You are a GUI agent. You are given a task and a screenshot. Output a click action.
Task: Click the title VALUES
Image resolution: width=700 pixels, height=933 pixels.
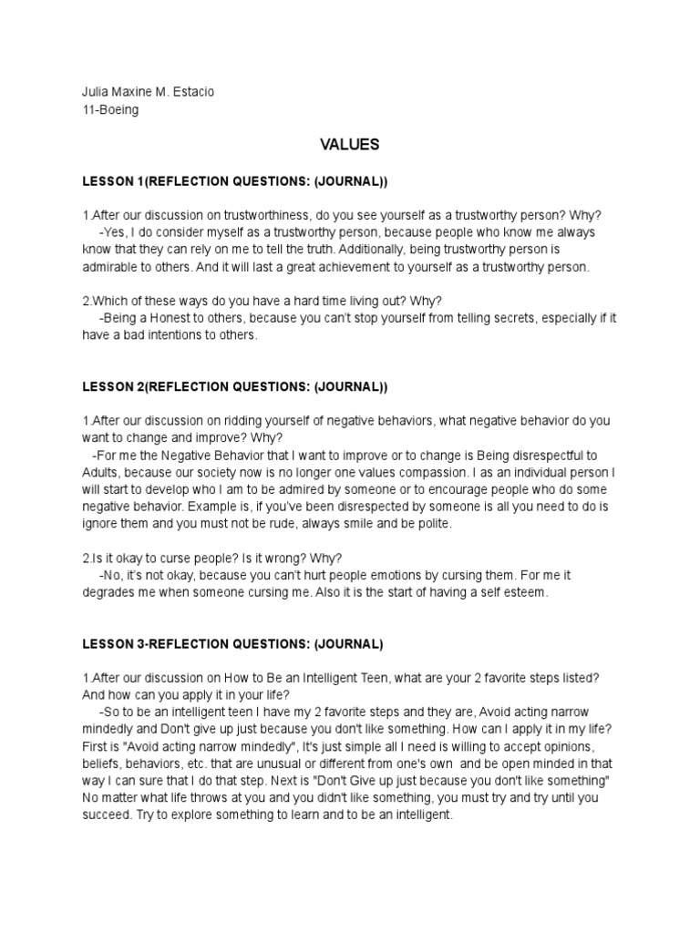tap(349, 145)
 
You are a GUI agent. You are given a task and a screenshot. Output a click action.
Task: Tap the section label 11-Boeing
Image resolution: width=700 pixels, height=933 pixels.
tap(111, 110)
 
